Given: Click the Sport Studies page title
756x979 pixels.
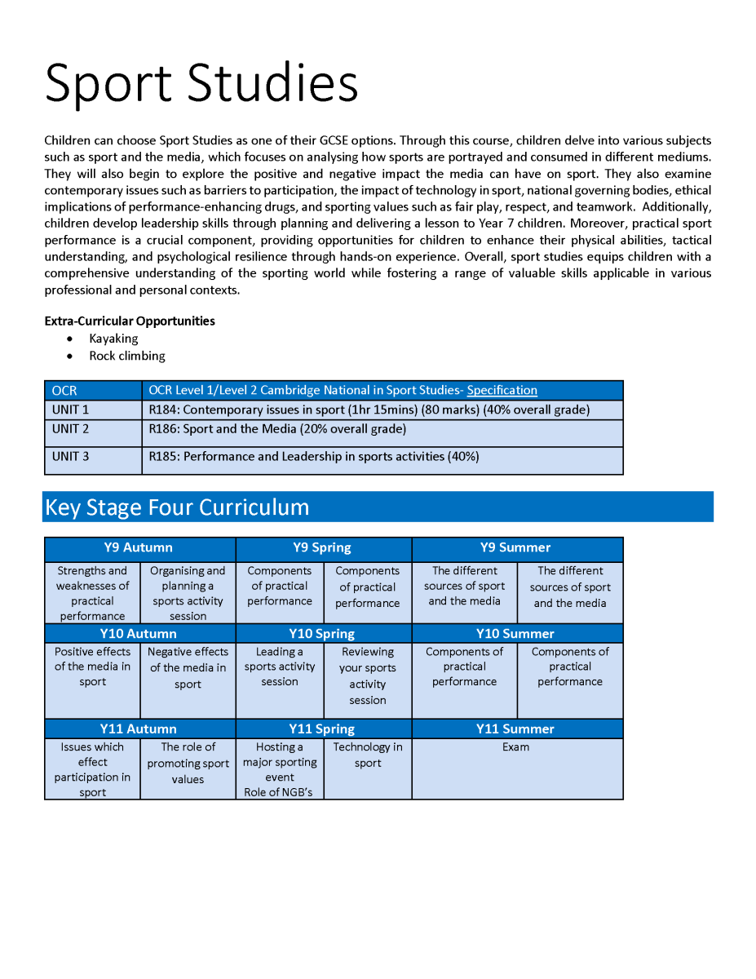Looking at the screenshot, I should click(201, 82).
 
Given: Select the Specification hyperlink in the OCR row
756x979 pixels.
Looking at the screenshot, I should click(502, 390).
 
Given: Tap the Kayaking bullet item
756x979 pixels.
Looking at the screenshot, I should click(113, 339).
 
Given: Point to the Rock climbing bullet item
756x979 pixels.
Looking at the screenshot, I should click(126, 356).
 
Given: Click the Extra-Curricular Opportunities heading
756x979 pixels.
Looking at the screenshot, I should click(130, 321).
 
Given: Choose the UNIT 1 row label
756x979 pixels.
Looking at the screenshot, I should click(71, 410).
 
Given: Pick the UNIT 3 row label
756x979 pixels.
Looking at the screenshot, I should click(71, 456).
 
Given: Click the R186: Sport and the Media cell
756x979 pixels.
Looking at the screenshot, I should click(277, 429).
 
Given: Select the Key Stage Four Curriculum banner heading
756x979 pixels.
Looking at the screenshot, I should click(177, 507).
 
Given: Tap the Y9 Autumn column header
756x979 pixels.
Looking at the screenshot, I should click(139, 548).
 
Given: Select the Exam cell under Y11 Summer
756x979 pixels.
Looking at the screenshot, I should click(515, 747).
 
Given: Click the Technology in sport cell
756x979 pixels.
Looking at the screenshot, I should click(367, 755).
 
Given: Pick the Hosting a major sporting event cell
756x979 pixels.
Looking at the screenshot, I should click(279, 769).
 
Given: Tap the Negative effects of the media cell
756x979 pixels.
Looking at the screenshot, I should click(188, 668).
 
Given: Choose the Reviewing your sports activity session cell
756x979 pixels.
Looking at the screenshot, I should click(367, 676).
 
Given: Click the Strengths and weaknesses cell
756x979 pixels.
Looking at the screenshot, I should click(92, 593).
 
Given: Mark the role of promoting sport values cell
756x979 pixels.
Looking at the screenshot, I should click(188, 763).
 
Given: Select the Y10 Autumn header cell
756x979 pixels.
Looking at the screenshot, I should click(139, 634).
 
